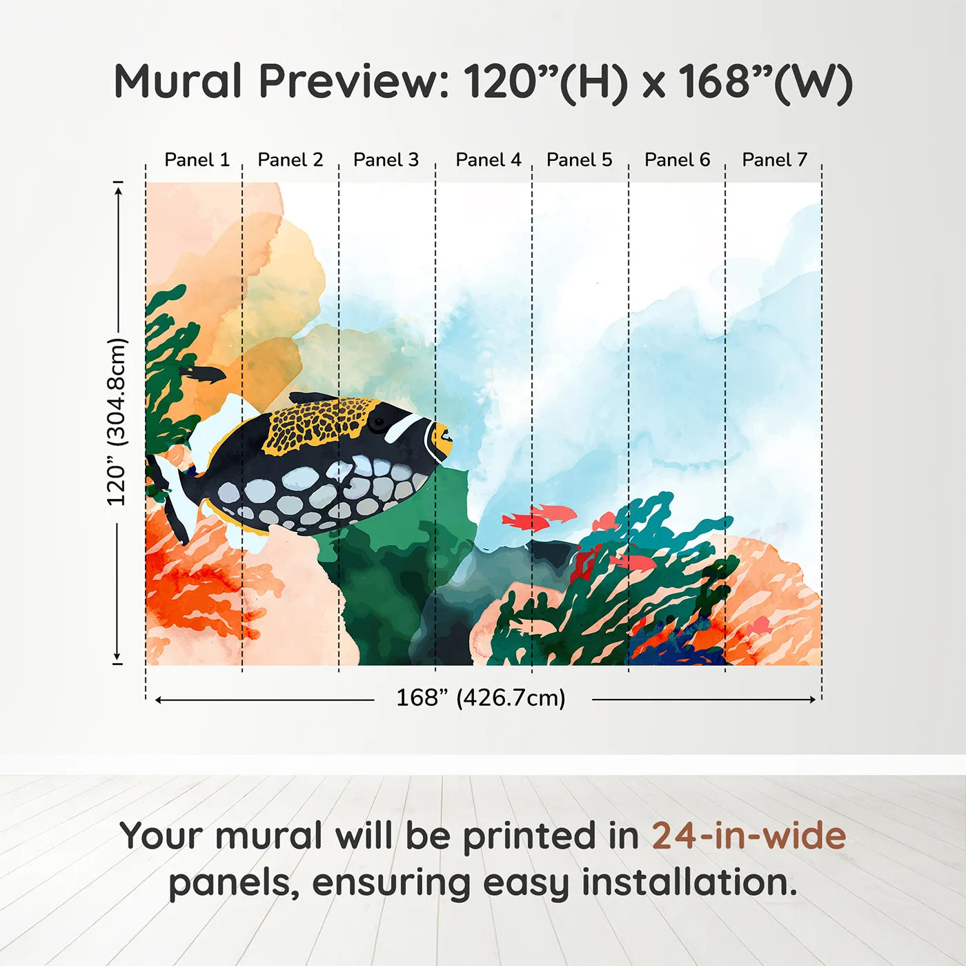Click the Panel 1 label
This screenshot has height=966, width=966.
tap(197, 160)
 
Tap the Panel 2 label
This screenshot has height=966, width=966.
tap(290, 160)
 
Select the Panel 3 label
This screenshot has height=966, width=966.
tap(386, 160)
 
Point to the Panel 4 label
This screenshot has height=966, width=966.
tap(488, 160)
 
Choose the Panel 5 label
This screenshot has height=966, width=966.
tap(579, 160)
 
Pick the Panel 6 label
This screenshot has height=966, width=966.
tap(677, 160)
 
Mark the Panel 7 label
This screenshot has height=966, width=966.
tap(774, 160)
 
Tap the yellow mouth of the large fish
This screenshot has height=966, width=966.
tap(440, 440)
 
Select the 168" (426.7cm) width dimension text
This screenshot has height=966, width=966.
tap(480, 698)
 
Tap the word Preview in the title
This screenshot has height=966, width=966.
tap(353, 81)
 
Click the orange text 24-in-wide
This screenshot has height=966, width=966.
tap(749, 836)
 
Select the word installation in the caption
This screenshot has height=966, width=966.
tap(689, 883)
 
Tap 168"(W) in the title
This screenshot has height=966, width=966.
tap(766, 81)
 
